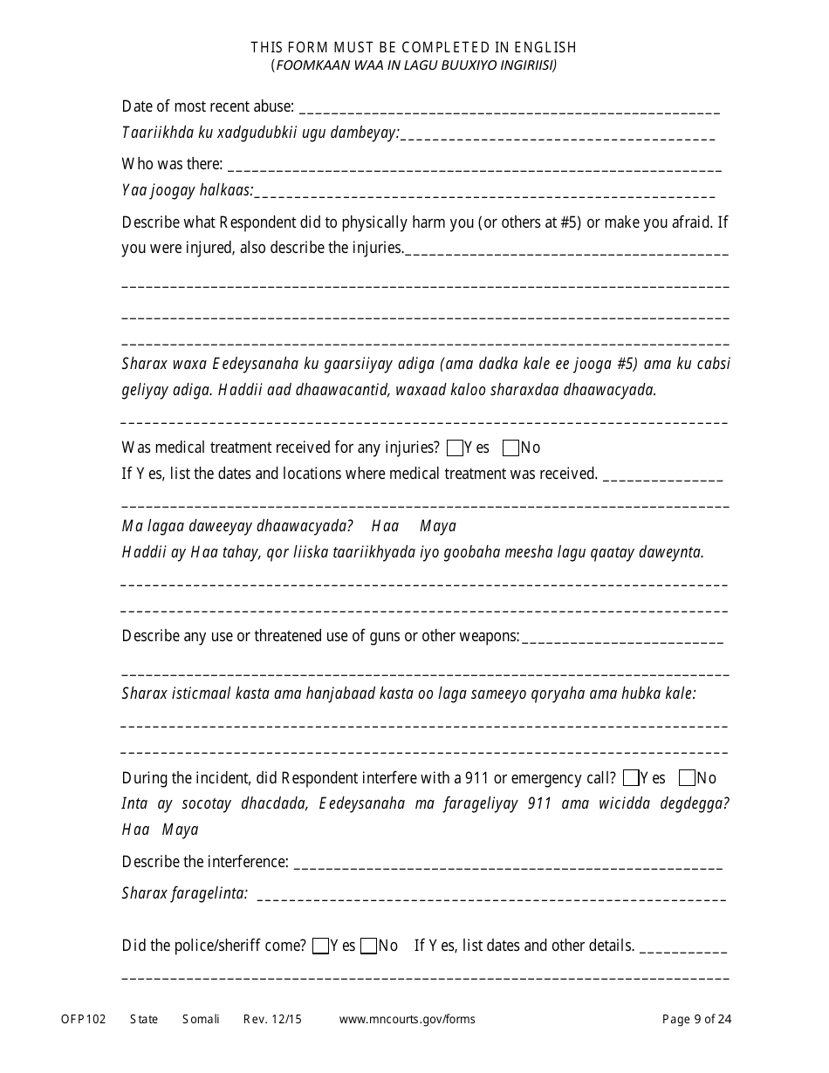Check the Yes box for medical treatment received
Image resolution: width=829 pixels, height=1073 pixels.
455,448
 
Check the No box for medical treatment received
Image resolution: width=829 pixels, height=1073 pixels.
511,448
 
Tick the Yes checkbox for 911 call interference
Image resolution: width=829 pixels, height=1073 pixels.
631,778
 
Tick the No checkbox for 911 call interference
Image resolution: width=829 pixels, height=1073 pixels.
687,778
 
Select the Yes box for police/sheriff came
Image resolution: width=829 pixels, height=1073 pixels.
320,946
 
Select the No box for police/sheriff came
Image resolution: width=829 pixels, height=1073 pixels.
368,946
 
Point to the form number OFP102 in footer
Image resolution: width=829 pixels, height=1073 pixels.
84,1019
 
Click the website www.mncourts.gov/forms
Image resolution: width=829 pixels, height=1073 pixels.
407,1019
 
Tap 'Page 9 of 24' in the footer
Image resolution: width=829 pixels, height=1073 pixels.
696,1019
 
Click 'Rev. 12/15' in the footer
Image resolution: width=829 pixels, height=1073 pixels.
272,1019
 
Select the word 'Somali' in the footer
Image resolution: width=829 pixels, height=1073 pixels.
201,1019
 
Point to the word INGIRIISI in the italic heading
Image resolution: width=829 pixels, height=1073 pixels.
524,65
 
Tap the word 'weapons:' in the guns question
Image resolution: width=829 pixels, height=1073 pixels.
490,636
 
